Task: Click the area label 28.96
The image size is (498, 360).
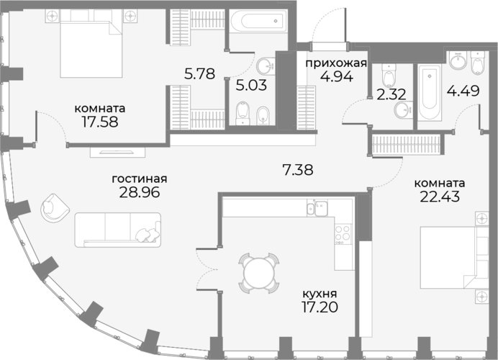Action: [139, 192]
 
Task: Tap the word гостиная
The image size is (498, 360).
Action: [140, 179]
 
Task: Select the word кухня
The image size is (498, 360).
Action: [320, 293]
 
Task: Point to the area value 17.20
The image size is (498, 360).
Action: [320, 307]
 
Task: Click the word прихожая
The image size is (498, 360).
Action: [336, 63]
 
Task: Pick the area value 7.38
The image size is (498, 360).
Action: [298, 170]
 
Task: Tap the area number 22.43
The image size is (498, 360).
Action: [440, 197]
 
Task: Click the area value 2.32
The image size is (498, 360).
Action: [391, 94]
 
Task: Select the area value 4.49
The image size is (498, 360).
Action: [463, 91]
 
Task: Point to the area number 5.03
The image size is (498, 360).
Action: [251, 85]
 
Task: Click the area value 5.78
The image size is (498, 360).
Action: [200, 73]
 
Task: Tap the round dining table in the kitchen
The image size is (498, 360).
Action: [259, 273]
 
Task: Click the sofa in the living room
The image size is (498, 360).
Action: [118, 230]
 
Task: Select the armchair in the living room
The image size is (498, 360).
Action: [55, 208]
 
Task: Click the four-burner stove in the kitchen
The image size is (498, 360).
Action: [343, 235]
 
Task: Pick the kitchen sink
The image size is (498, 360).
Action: [317, 208]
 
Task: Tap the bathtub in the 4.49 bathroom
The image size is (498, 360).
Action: [429, 92]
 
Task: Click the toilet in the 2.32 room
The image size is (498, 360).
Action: [389, 76]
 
